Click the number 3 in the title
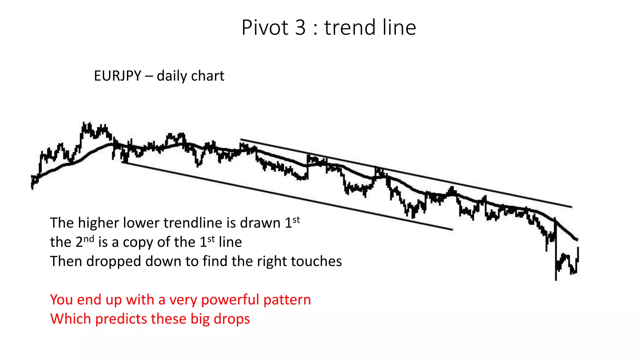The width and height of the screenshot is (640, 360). pos(300,27)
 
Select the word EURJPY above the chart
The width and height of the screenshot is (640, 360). pos(117,76)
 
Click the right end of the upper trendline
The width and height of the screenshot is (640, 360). pos(572,207)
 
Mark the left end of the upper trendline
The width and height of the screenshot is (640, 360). pos(241,139)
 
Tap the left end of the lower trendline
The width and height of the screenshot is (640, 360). pos(122,162)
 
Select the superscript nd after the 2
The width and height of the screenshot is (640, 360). pos(89,239)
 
